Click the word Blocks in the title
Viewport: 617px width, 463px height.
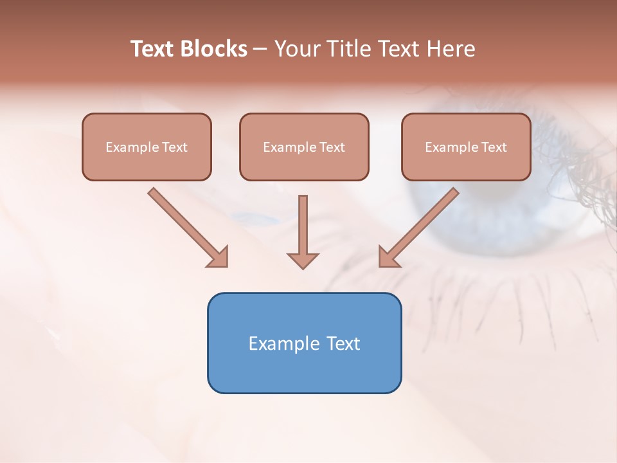tap(213, 49)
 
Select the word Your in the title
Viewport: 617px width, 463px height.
tap(296, 49)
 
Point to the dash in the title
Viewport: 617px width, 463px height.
tap(260, 49)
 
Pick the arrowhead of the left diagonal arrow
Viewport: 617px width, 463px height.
tap(219, 257)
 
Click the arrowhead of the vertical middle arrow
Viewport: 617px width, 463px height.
tap(303, 261)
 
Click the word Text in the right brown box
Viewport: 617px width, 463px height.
tap(494, 147)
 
